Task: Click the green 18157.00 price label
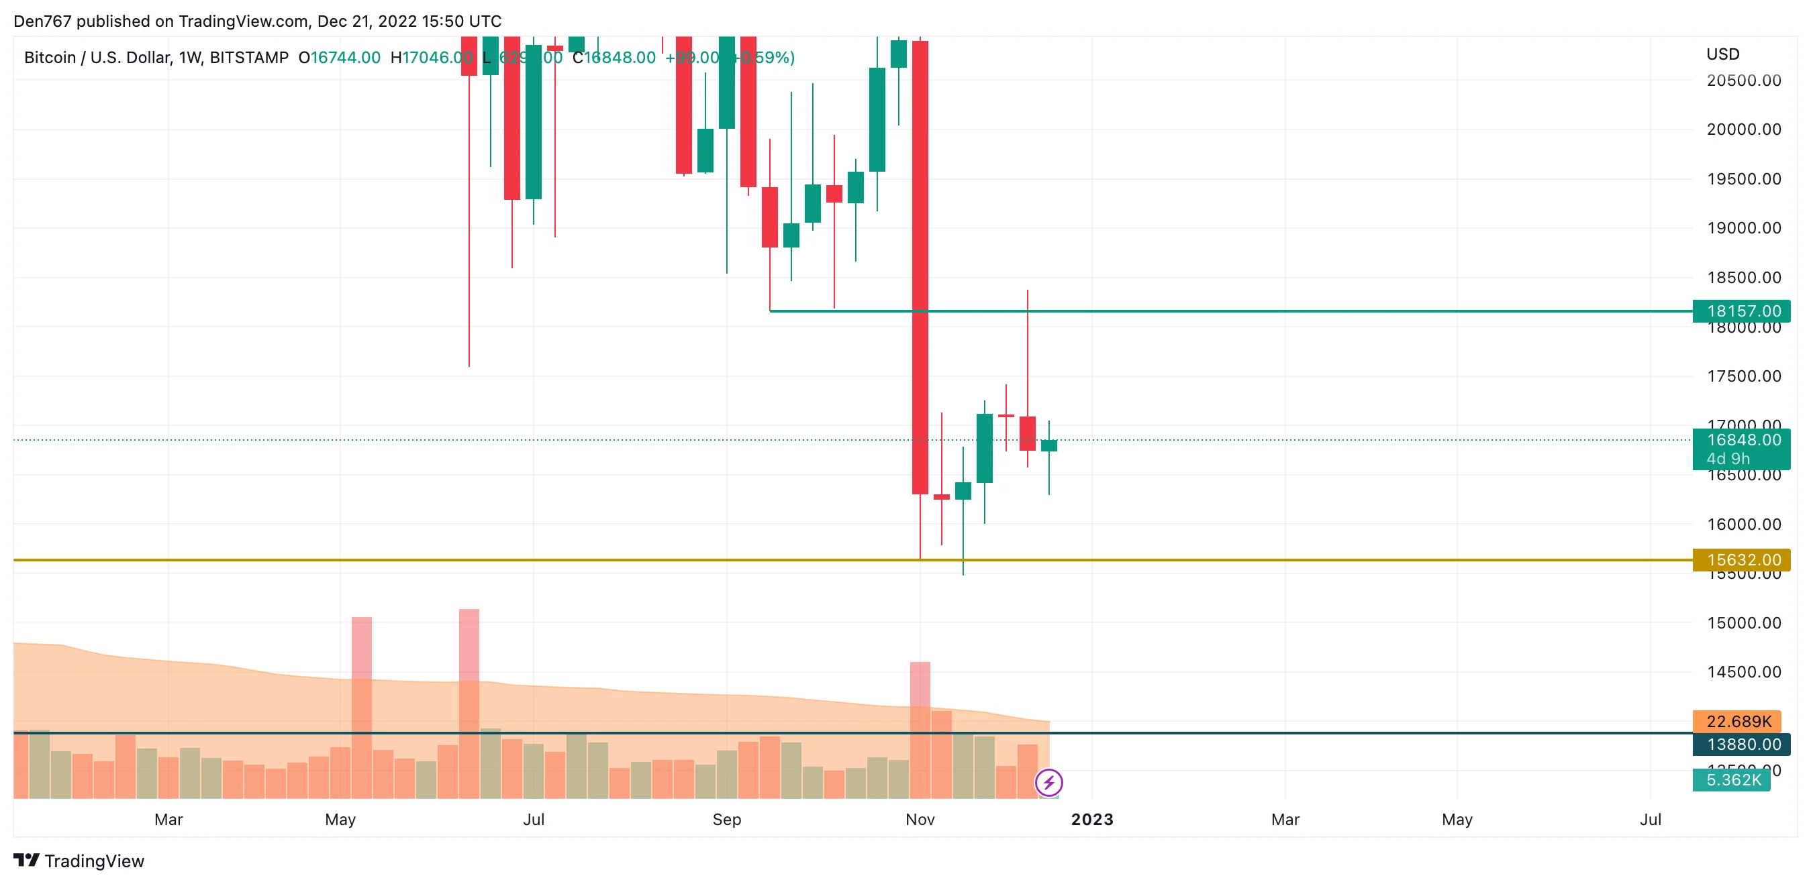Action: click(x=1743, y=311)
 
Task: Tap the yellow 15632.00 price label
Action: click(x=1743, y=559)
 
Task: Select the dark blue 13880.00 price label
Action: click(x=1743, y=744)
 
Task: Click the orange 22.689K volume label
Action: click(x=1738, y=721)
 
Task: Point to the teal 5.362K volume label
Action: click(x=1733, y=780)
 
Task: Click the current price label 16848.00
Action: click(x=1743, y=441)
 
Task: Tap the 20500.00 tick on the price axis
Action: click(x=1743, y=80)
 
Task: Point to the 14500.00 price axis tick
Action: click(x=1743, y=672)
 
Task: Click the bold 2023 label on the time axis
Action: click(x=1092, y=820)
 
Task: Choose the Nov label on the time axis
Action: click(x=920, y=820)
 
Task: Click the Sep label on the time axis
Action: click(x=726, y=820)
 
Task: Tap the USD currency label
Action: click(x=1722, y=54)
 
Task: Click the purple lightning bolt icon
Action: click(x=1048, y=782)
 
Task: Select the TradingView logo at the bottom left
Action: click(x=79, y=861)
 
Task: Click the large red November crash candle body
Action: click(x=920, y=267)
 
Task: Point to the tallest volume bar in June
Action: click(x=469, y=703)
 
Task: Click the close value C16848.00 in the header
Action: click(x=614, y=58)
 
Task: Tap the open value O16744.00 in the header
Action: click(x=339, y=58)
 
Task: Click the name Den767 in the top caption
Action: click(x=42, y=21)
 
